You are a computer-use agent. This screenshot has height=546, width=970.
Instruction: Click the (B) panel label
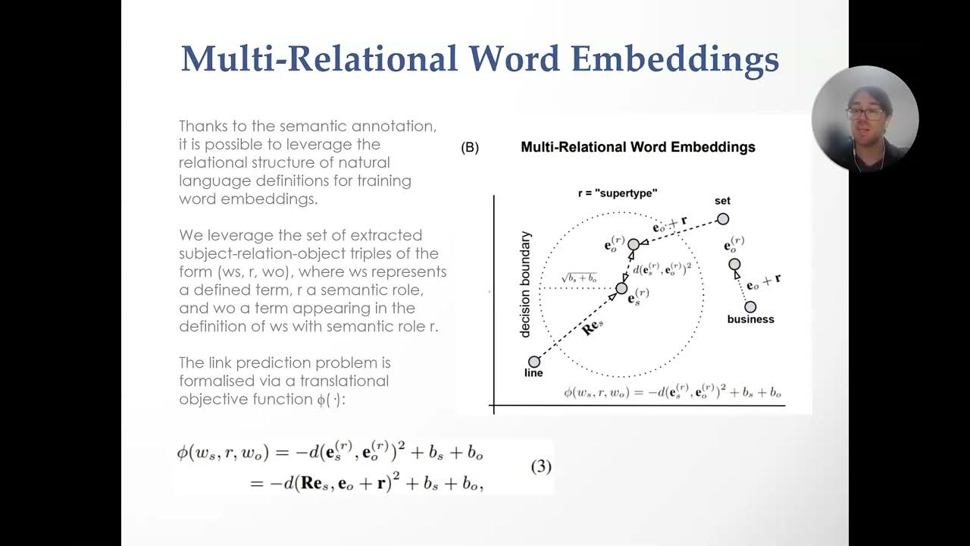[x=470, y=148]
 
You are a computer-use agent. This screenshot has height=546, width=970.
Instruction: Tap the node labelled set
[x=723, y=219]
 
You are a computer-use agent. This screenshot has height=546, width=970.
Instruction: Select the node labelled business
[x=750, y=307]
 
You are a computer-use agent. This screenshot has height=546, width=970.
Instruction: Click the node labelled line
[x=534, y=362]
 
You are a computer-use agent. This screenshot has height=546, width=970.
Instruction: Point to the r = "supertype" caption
[x=617, y=193]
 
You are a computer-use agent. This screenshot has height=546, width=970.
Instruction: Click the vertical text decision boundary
[x=525, y=284]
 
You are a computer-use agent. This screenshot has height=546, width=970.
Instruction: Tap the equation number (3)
[x=540, y=466]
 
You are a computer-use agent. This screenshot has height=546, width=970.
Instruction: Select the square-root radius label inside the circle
[x=580, y=278]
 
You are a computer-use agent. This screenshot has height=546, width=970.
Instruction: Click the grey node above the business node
[x=734, y=265]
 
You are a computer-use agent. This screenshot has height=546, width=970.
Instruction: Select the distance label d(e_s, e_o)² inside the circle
[x=660, y=268]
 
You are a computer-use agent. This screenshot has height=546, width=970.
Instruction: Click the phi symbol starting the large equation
[x=183, y=453]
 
